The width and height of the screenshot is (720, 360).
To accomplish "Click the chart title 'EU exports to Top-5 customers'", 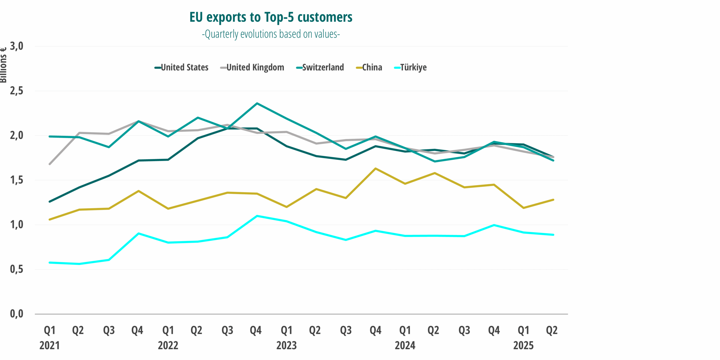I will pos(271,17).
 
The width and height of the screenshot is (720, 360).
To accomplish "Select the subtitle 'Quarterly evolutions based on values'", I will pos(271,34).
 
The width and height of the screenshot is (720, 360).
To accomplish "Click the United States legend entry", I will pos(182,67).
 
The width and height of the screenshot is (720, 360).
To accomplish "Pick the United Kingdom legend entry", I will pos(252,67).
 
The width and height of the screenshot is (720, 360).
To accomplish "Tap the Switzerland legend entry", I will pos(320,67).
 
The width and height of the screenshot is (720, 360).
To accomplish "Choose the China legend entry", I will pos(369,67).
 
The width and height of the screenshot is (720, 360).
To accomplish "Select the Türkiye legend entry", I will pos(411,67).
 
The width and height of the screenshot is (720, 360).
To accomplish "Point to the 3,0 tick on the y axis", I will pos(17,46).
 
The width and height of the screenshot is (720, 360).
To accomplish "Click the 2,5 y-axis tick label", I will pos(17,91).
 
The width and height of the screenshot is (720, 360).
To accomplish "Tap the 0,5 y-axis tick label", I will pos(17,269).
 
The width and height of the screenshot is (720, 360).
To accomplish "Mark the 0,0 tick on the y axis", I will pos(17,314).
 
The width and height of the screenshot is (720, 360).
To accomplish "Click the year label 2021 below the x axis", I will pos(49,345).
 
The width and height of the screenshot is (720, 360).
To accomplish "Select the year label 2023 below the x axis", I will pos(286,345).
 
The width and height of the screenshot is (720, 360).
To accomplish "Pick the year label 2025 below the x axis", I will pos(523,345).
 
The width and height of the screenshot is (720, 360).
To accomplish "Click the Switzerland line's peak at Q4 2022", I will pos(257,103).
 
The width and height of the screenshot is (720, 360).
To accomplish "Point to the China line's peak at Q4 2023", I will pos(375,168).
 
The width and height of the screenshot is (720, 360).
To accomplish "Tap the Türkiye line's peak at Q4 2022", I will pos(257,216).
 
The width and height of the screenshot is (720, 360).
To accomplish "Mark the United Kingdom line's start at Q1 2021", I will pos(50,164).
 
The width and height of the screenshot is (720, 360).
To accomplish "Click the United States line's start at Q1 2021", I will pos(50,202).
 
